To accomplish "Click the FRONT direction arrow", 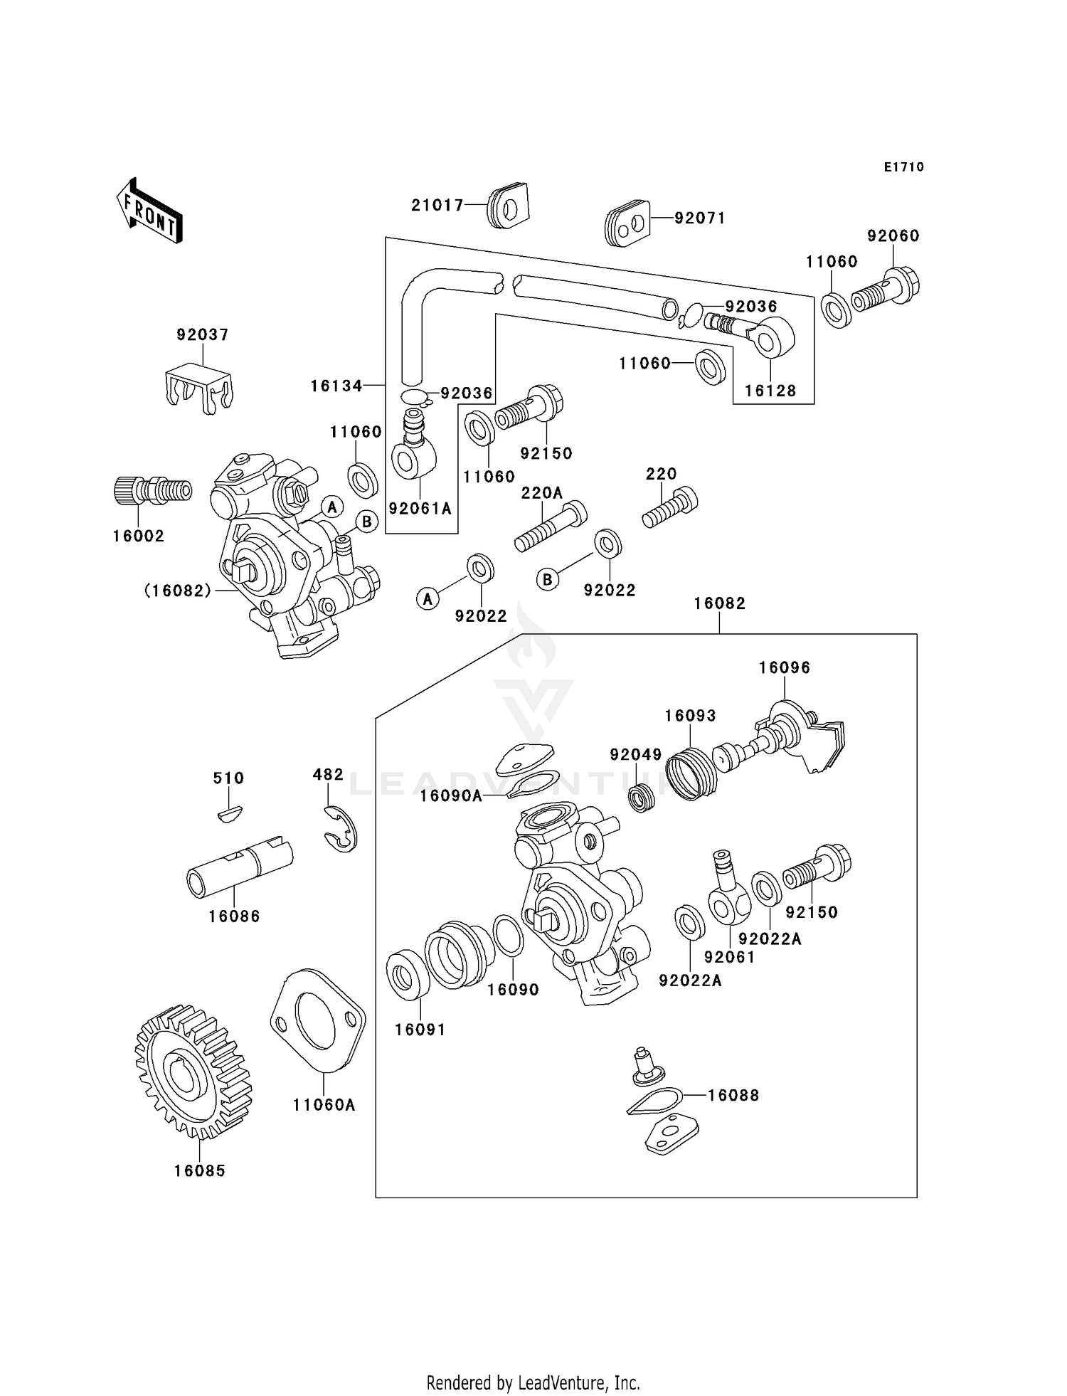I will [149, 211].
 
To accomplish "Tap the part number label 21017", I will [437, 206].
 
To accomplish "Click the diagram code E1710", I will [903, 167].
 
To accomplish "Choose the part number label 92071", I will [700, 218].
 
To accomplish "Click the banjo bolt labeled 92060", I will [885, 290].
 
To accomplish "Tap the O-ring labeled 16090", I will [508, 936].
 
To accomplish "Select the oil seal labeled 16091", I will [407, 973].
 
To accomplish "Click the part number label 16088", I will [733, 1096].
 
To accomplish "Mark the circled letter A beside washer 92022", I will [427, 599].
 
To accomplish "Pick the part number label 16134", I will [336, 386].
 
